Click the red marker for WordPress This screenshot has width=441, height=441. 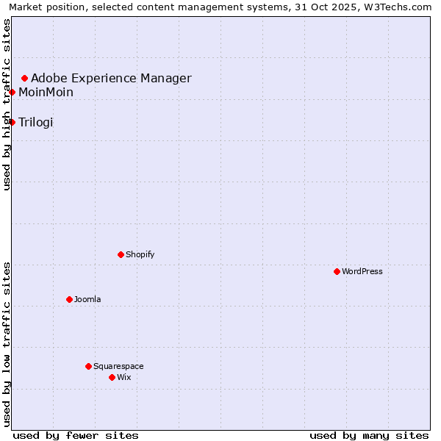click(337, 271)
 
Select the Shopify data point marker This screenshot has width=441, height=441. click(121, 254)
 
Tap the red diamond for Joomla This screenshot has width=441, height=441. click(69, 299)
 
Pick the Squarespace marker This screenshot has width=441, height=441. click(88, 366)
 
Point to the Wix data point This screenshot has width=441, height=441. click(112, 377)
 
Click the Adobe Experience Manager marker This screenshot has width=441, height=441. click(24, 78)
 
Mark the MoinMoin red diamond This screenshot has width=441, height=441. click(12, 92)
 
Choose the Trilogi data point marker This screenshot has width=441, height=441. click(12, 122)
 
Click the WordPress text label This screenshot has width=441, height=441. click(362, 271)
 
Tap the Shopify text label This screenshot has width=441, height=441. click(140, 254)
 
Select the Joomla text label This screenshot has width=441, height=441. click(87, 299)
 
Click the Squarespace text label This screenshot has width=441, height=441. click(118, 366)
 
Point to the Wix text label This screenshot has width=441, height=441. click(123, 377)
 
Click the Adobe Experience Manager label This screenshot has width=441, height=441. click(111, 78)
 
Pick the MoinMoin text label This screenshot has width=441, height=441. click(46, 92)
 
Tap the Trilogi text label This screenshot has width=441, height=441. click(36, 122)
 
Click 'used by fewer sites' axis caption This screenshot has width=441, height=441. click(76, 435)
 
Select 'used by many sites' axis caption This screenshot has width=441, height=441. click(369, 435)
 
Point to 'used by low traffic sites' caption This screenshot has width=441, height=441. click(7, 343)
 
